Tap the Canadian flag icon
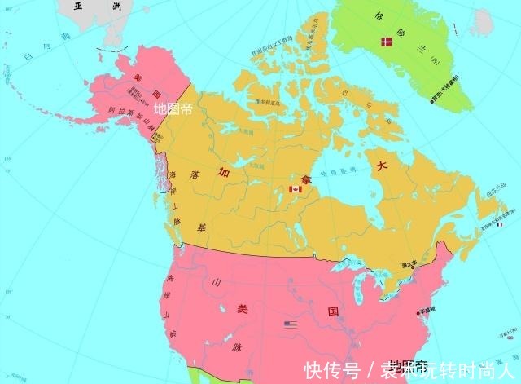[x=296, y=189]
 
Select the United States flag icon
[x=291, y=324]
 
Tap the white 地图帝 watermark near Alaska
[x=173, y=108]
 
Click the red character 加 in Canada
[x=222, y=173]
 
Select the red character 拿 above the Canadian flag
[x=304, y=176]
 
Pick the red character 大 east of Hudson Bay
[x=382, y=166]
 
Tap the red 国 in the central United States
[x=333, y=311]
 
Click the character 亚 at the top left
[x=78, y=6]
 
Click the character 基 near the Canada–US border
[x=201, y=227]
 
